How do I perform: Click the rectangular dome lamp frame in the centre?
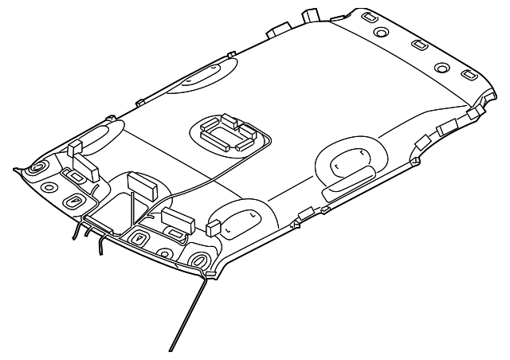[x=227, y=132]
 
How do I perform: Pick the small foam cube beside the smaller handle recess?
[x=213, y=229]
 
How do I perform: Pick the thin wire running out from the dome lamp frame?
[x=199, y=179]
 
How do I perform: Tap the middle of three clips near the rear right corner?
[x=421, y=143]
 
